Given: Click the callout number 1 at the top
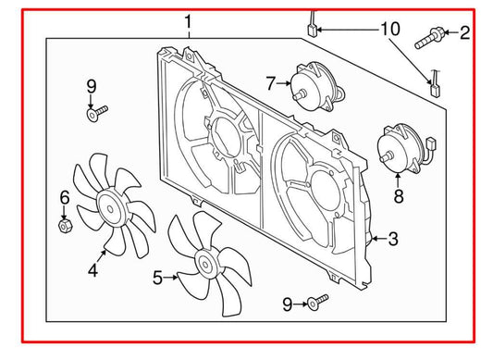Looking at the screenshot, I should pyautogui.click(x=189, y=20).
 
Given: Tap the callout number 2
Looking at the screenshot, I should pyautogui.click(x=464, y=34).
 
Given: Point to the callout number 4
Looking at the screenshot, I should pyautogui.click(x=92, y=270).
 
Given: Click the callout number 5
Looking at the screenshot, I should pyautogui.click(x=157, y=277).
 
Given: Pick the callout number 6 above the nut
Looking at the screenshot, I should pyautogui.click(x=64, y=197).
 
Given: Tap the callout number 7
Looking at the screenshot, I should pyautogui.click(x=271, y=84).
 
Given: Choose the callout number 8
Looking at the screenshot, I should pyautogui.click(x=399, y=195).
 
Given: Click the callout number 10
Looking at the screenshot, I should pyautogui.click(x=389, y=30).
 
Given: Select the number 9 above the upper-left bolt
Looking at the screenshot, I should pyautogui.click(x=91, y=87).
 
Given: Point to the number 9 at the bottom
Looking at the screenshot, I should pyautogui.click(x=288, y=304).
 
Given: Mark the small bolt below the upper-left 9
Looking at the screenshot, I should pyautogui.click(x=95, y=113).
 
